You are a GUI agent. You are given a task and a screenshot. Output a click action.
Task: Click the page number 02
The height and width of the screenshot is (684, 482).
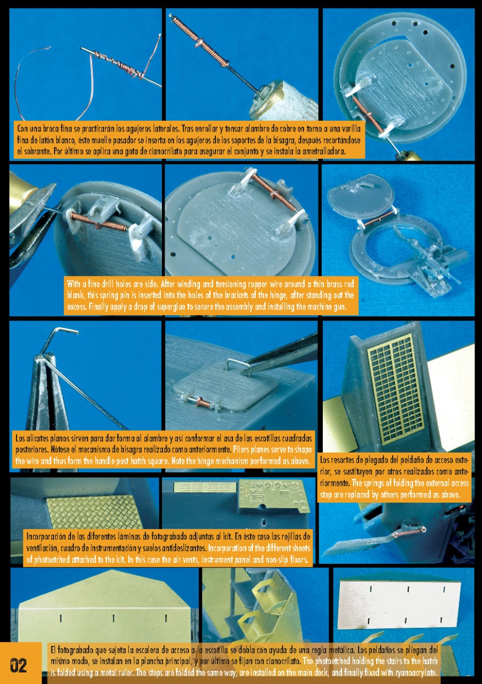19,666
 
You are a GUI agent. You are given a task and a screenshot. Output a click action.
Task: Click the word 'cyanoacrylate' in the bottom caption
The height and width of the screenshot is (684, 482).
415,672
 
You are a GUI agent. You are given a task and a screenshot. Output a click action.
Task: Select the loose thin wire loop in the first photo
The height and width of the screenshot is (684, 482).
33,82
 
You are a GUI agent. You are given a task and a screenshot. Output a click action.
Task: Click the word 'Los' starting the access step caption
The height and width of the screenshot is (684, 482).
325,460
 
